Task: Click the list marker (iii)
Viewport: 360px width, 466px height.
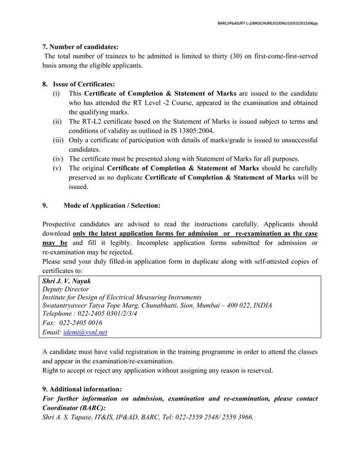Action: (58, 140)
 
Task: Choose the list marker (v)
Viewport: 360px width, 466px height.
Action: (58, 168)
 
